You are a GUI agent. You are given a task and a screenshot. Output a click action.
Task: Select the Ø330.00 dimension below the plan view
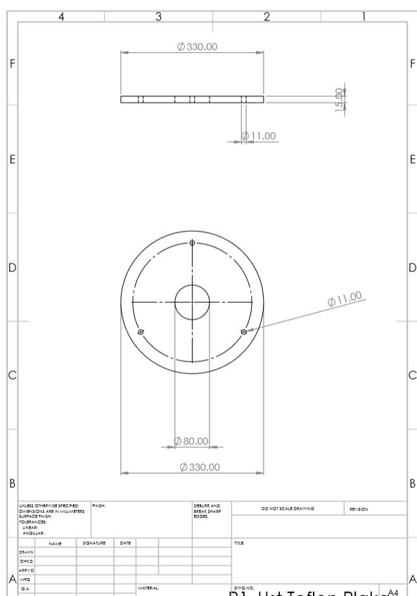[x=200, y=467]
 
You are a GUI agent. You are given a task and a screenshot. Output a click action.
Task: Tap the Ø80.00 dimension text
[x=192, y=441]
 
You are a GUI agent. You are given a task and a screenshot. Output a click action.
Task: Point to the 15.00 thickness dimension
[x=340, y=100]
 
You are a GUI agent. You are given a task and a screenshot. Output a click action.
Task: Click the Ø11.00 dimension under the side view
[x=258, y=136]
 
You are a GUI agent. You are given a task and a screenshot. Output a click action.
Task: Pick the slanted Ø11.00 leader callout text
[x=345, y=299]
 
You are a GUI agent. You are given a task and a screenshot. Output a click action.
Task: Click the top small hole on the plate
[x=192, y=243]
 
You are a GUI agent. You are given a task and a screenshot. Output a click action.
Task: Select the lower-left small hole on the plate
[x=141, y=331]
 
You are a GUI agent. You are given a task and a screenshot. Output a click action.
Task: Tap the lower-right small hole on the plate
[x=243, y=331]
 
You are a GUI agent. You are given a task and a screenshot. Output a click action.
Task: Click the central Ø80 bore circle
[x=192, y=302]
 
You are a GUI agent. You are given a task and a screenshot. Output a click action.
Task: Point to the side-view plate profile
[x=192, y=99]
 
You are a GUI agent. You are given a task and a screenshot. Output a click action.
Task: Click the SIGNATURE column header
[x=94, y=543]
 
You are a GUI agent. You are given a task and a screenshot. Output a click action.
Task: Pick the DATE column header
[x=124, y=543]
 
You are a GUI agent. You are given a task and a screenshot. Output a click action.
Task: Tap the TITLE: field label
[x=238, y=543]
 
